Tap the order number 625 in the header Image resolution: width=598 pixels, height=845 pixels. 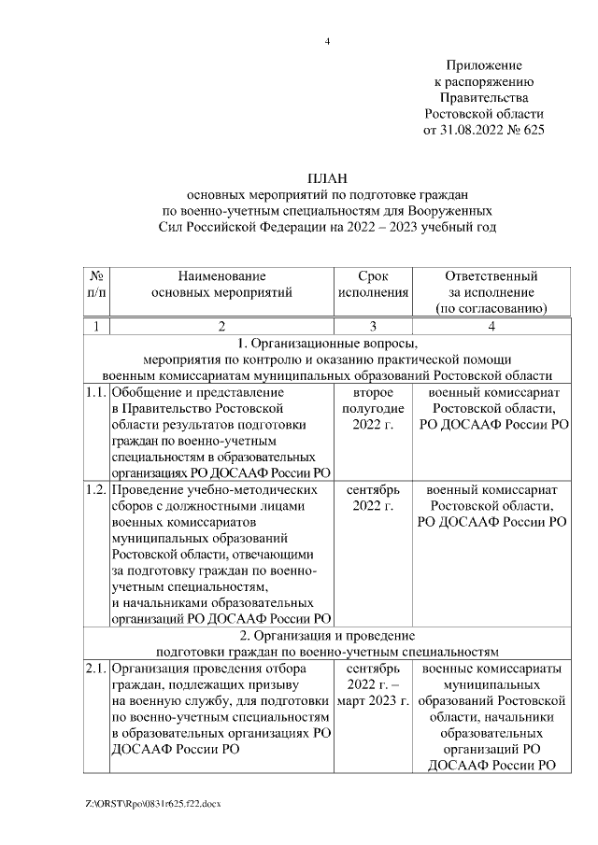532,130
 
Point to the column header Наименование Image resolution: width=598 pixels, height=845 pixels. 221,275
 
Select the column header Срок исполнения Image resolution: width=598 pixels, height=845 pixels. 373,284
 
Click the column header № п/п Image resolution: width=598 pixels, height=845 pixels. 96,284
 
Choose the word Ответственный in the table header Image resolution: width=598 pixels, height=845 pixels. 491,275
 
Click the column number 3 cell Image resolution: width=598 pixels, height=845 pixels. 373,326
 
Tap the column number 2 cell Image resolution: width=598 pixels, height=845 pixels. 221,326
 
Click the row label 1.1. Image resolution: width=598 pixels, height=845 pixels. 95,393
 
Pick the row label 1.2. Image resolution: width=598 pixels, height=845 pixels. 95,489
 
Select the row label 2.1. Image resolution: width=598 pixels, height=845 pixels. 95,669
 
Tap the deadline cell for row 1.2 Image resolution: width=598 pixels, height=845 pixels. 373,498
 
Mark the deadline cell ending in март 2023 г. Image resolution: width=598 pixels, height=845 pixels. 373,685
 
